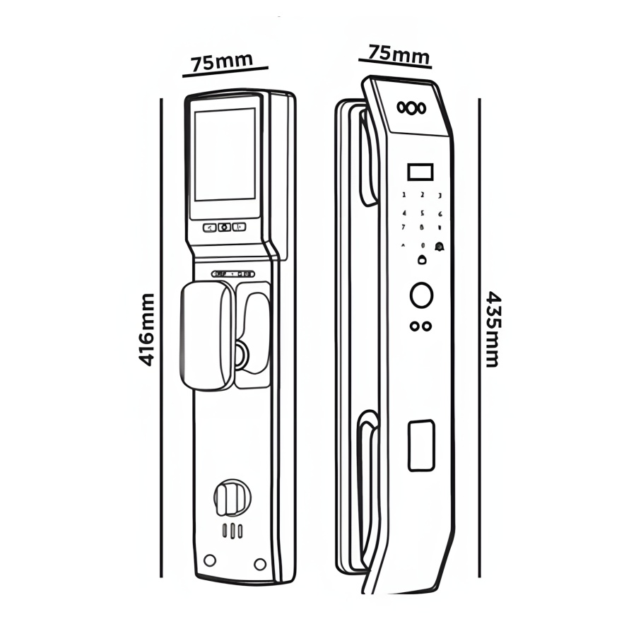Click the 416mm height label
[x=146, y=329]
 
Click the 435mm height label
[x=493, y=329]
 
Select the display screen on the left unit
[x=225, y=155]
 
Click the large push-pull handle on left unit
[x=206, y=335]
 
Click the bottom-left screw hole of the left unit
[x=209, y=560]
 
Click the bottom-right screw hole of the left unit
[x=260, y=563]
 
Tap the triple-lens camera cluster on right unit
[x=412, y=107]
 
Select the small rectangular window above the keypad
[x=420, y=172]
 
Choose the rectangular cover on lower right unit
[x=421, y=444]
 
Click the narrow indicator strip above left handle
[x=233, y=273]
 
